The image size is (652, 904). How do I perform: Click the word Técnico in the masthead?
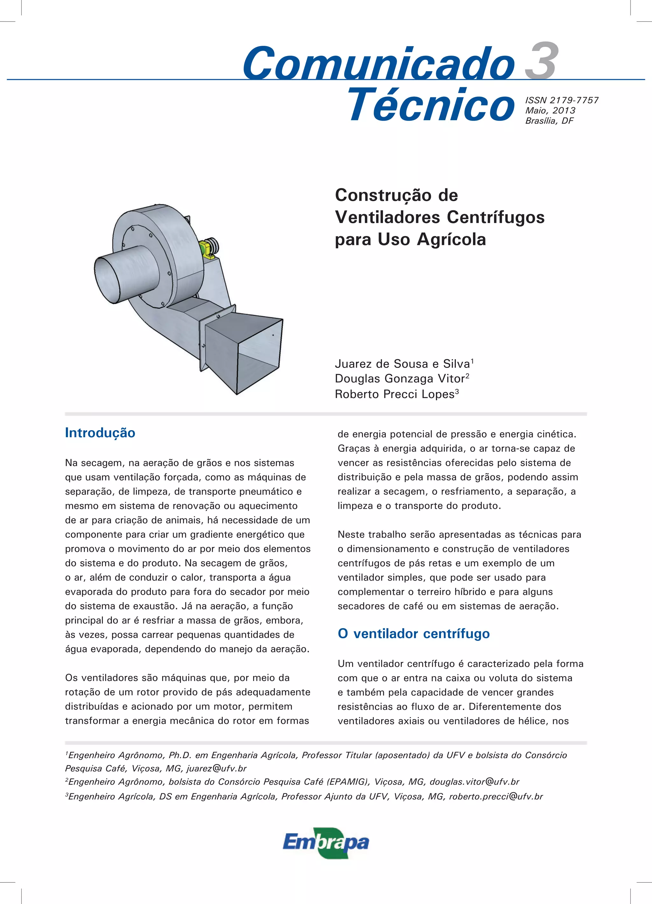click(431, 104)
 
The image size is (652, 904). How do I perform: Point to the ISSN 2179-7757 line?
click(562, 100)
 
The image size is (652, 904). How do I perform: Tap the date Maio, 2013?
click(550, 110)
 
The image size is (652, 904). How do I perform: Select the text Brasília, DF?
click(549, 121)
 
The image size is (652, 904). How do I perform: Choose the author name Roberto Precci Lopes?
click(394, 394)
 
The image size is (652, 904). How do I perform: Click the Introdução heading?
click(100, 433)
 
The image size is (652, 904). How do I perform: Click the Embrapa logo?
click(326, 842)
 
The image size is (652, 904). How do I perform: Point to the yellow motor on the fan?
click(208, 248)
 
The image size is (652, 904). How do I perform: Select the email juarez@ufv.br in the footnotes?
click(216, 768)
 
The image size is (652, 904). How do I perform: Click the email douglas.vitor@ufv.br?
click(474, 781)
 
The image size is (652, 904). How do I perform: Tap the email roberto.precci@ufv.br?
click(496, 796)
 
